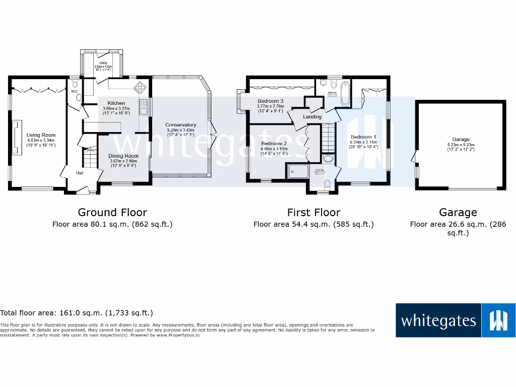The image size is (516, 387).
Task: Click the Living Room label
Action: [41, 135]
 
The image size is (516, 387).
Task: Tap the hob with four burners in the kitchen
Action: [139, 88]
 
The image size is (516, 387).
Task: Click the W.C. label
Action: [74, 92]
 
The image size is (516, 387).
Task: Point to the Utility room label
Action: [103, 63]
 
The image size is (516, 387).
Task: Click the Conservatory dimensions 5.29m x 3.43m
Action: [180, 130]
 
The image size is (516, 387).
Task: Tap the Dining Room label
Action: [123, 156]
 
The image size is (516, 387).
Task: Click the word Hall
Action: [80, 173]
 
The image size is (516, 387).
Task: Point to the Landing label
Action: [312, 117]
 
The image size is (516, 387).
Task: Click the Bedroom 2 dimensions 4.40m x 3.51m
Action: [274, 149]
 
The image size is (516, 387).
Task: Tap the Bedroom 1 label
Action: [363, 137]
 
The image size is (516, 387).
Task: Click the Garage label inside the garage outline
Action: [461, 140]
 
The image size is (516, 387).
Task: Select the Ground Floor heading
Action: [112, 212]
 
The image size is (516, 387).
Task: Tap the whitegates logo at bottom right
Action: [456, 320]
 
